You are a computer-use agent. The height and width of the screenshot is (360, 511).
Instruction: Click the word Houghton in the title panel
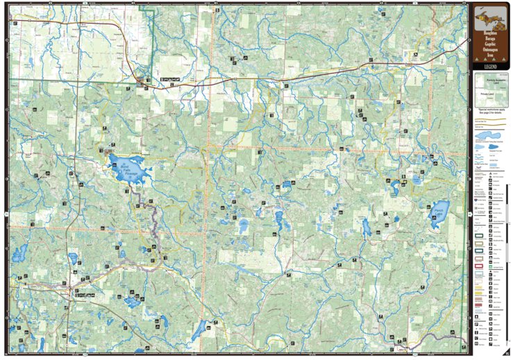[x=489, y=33]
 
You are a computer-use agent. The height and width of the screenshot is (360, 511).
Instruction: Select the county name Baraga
[x=489, y=40]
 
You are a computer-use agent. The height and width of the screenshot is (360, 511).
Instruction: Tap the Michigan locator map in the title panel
[x=489, y=16]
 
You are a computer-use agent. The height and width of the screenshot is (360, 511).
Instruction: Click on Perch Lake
[x=439, y=213]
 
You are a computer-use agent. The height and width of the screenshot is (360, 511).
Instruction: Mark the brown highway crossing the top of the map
[x=278, y=80]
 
